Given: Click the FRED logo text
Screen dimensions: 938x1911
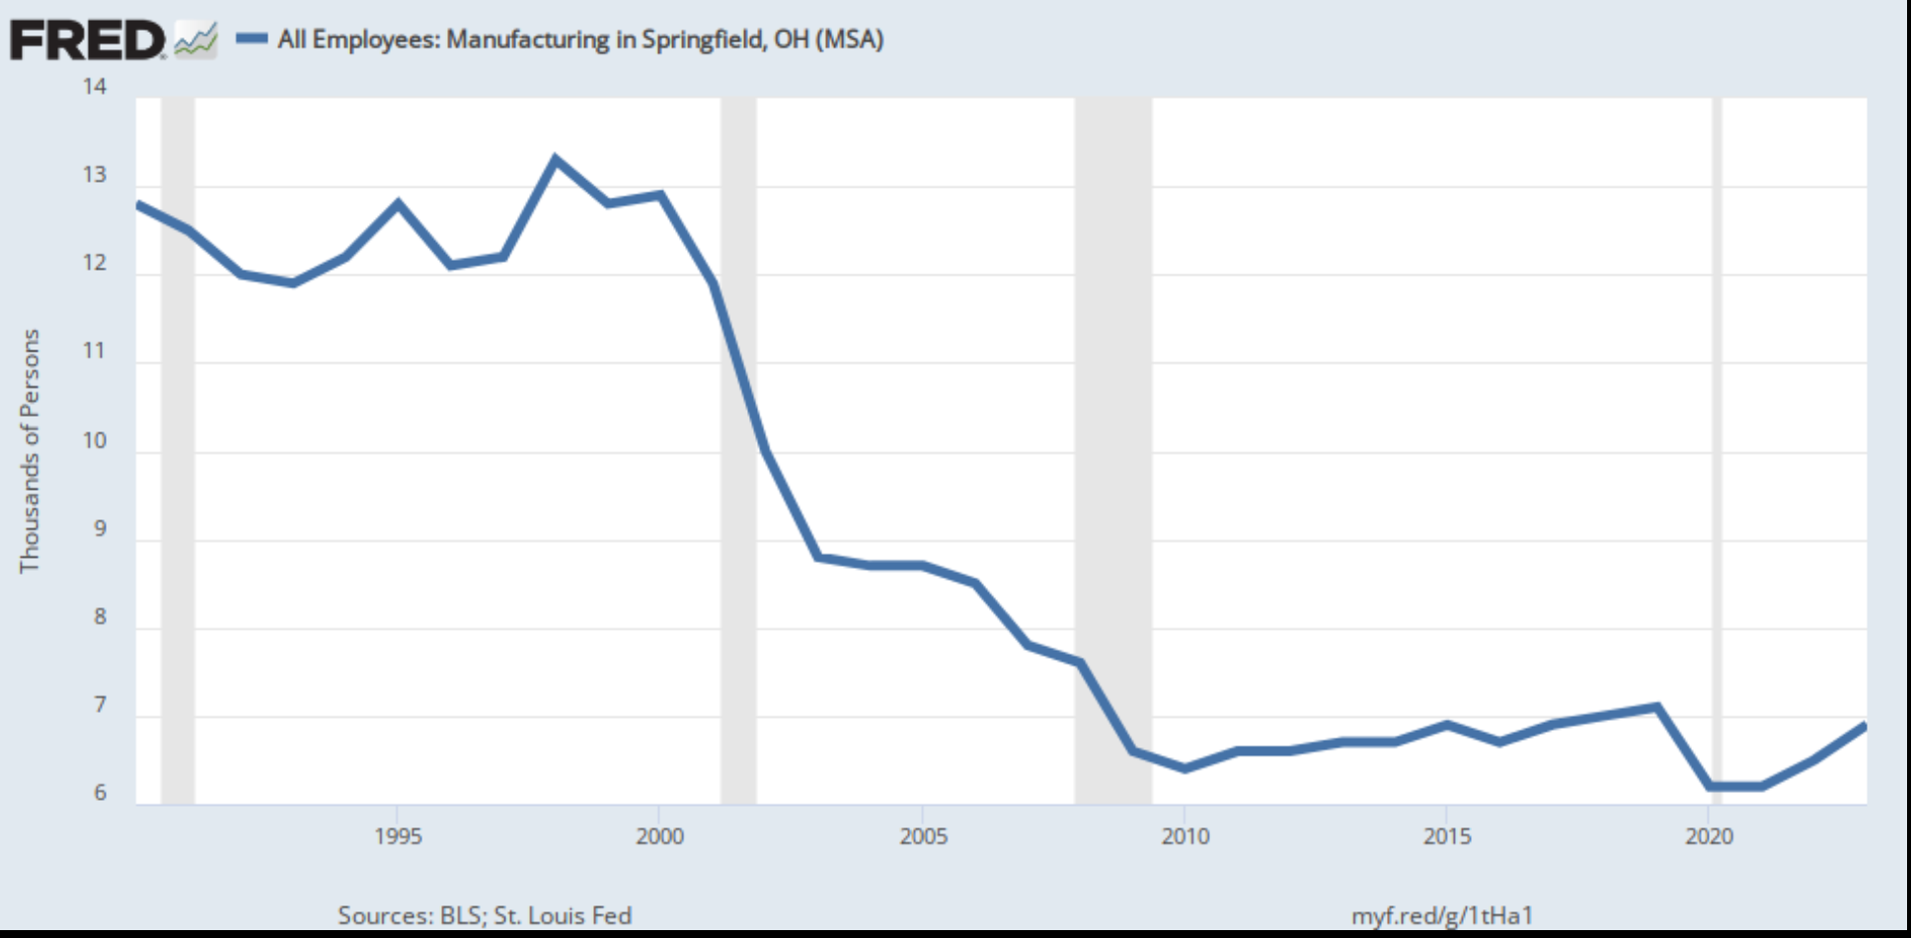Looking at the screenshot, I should point(87,40).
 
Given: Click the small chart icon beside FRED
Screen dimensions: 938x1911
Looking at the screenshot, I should point(195,40).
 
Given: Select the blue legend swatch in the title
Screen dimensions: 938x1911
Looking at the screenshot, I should point(252,39).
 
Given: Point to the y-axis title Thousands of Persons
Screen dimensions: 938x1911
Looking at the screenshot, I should point(30,450).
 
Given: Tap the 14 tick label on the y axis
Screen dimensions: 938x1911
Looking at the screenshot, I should point(95,87).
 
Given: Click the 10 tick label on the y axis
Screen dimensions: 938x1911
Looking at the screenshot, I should point(95,440).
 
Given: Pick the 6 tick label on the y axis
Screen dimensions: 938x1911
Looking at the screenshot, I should point(100,793).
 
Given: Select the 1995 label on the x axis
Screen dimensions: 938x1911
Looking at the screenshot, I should point(398,836).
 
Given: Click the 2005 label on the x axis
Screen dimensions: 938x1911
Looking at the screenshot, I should point(923,836).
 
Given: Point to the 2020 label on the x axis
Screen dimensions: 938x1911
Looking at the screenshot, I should point(1709,836).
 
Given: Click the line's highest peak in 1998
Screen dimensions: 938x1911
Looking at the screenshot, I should point(556,159).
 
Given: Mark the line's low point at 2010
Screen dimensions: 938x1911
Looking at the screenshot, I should point(1185,767).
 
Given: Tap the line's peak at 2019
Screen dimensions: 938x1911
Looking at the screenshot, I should point(1656,707).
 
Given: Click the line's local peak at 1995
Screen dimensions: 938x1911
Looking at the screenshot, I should point(398,203).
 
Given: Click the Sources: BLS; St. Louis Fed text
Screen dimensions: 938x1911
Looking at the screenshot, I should point(485,915).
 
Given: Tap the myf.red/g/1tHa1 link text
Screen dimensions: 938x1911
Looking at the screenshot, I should point(1441,915).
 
